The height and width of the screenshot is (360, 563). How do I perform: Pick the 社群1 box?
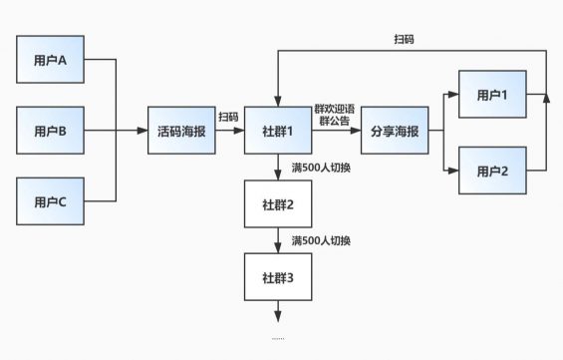[278, 131]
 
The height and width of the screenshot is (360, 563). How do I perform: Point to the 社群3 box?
[278, 276]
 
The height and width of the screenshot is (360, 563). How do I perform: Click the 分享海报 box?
[395, 131]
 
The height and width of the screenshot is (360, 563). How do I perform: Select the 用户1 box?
[491, 96]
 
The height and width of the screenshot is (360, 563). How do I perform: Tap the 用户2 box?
[491, 170]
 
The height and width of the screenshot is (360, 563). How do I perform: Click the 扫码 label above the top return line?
[404, 39]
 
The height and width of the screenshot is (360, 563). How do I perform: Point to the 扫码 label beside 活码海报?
[228, 117]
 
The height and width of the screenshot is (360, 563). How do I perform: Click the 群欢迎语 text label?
[335, 108]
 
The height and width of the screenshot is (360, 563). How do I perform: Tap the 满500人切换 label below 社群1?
[320, 167]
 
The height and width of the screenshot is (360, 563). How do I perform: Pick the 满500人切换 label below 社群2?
[320, 240]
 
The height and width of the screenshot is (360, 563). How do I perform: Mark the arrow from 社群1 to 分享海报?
[336, 131]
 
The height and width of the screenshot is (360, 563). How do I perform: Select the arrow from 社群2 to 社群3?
[278, 240]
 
